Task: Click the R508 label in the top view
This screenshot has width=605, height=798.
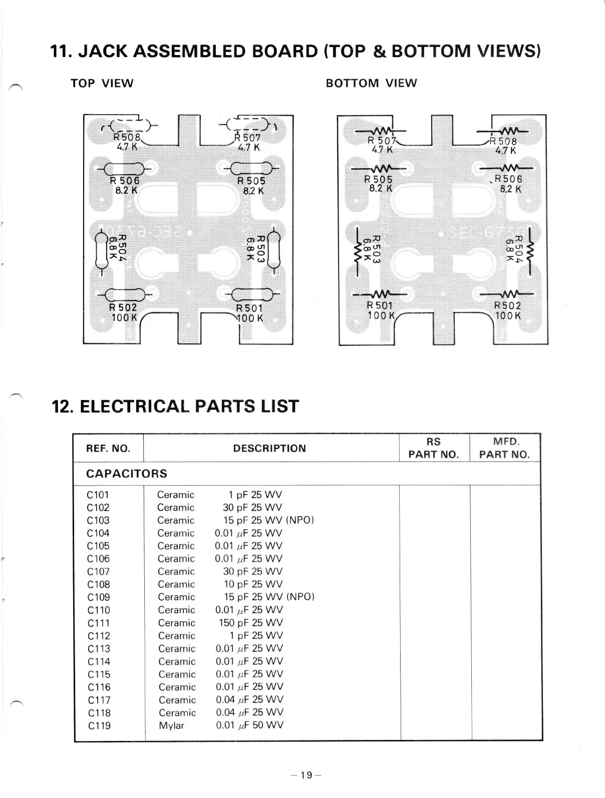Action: click(128, 137)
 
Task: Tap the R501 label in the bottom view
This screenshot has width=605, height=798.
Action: click(380, 305)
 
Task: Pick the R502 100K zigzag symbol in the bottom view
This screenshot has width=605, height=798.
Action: click(507, 293)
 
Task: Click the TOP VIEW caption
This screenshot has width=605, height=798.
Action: click(102, 83)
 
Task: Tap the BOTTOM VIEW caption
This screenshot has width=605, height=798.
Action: click(371, 83)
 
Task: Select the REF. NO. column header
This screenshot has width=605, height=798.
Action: click(108, 448)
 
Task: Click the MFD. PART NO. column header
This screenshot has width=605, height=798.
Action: click(504, 448)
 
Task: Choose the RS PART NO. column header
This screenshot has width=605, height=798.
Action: click(434, 448)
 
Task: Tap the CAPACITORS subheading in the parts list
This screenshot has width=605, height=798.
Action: click(127, 474)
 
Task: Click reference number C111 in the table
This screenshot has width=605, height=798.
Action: click(98, 623)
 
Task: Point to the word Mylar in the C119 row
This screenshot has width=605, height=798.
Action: click(171, 725)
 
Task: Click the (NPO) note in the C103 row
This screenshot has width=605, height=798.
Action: click(299, 520)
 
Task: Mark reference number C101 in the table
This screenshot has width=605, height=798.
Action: click(98, 495)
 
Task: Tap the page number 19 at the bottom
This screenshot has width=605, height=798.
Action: click(306, 775)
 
